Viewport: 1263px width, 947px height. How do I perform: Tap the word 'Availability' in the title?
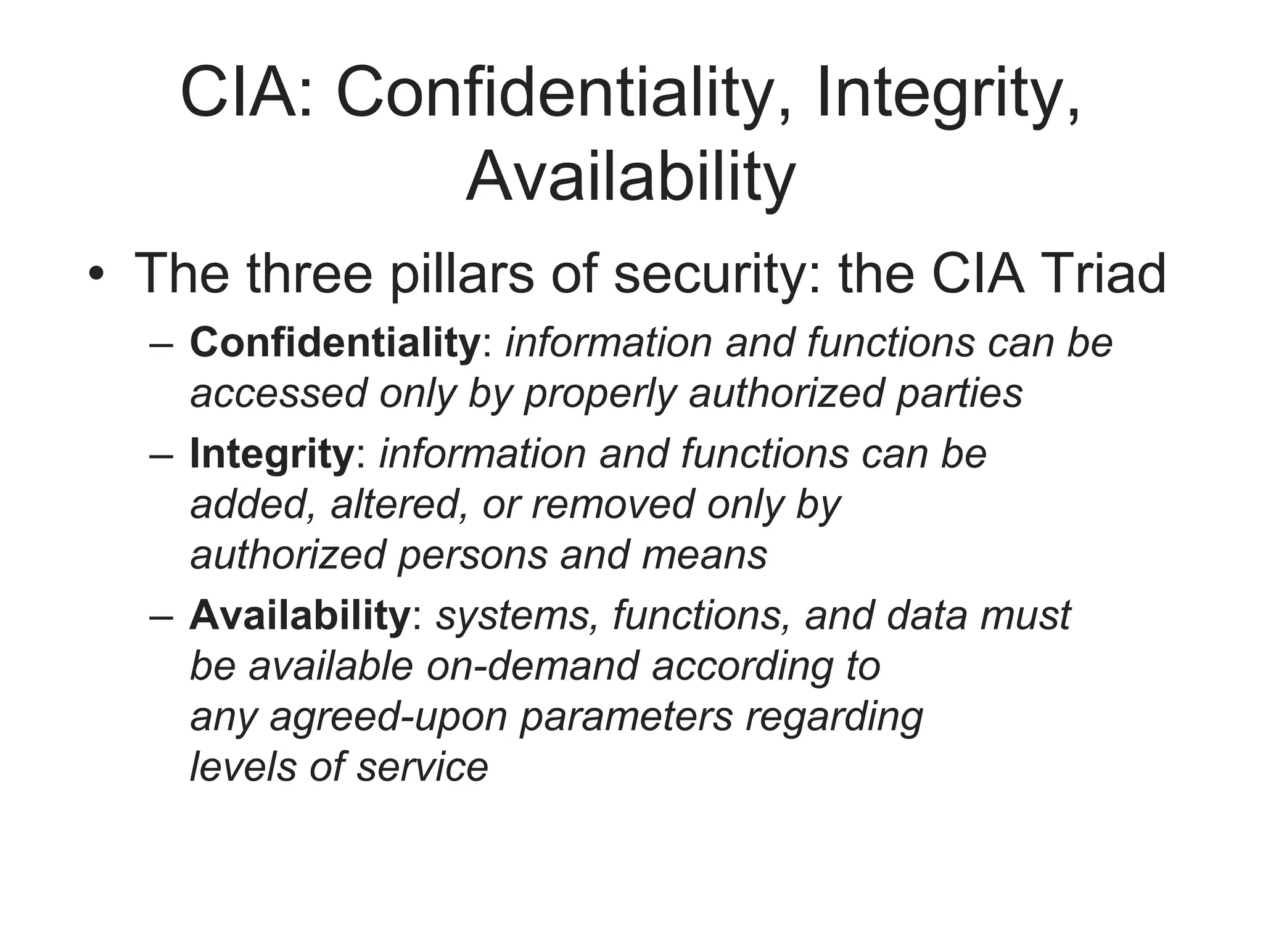(630, 178)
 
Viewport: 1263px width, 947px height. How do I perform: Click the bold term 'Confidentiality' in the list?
(335, 342)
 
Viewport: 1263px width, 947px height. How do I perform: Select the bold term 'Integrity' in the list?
(271, 454)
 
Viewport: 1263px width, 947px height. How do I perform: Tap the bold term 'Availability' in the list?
(300, 615)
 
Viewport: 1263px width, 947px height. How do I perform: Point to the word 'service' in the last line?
(422, 768)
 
